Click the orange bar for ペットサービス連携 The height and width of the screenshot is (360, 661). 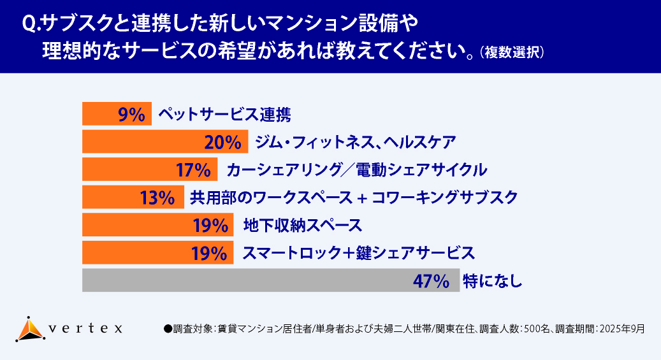(x=102, y=114)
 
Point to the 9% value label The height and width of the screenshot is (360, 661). (x=133, y=114)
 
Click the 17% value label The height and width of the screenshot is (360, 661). (x=192, y=169)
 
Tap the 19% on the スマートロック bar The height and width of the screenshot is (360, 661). (x=210, y=253)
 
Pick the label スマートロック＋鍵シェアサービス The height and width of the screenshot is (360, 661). (x=358, y=253)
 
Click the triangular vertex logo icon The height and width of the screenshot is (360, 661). (x=29, y=329)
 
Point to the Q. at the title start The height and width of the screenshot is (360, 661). (x=31, y=24)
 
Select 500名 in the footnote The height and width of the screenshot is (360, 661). (x=534, y=329)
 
